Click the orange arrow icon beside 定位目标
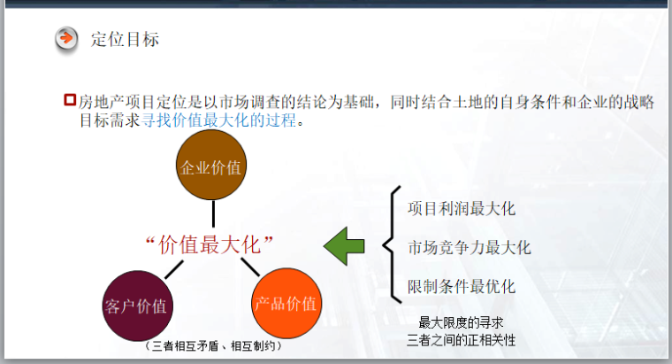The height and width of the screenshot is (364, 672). pos(66,39)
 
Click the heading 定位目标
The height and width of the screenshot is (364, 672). pos(125,39)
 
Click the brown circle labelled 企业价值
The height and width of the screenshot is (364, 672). pos(210,167)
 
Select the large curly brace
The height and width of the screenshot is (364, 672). pos(392,243)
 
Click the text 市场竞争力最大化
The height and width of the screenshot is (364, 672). pos(470,247)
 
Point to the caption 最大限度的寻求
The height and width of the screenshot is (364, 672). pos(461,321)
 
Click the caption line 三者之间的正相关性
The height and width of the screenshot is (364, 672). pos(461,339)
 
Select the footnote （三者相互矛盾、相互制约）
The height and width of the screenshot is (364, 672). pos(212,346)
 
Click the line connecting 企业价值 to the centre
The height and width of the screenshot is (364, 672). pos(213,213)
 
